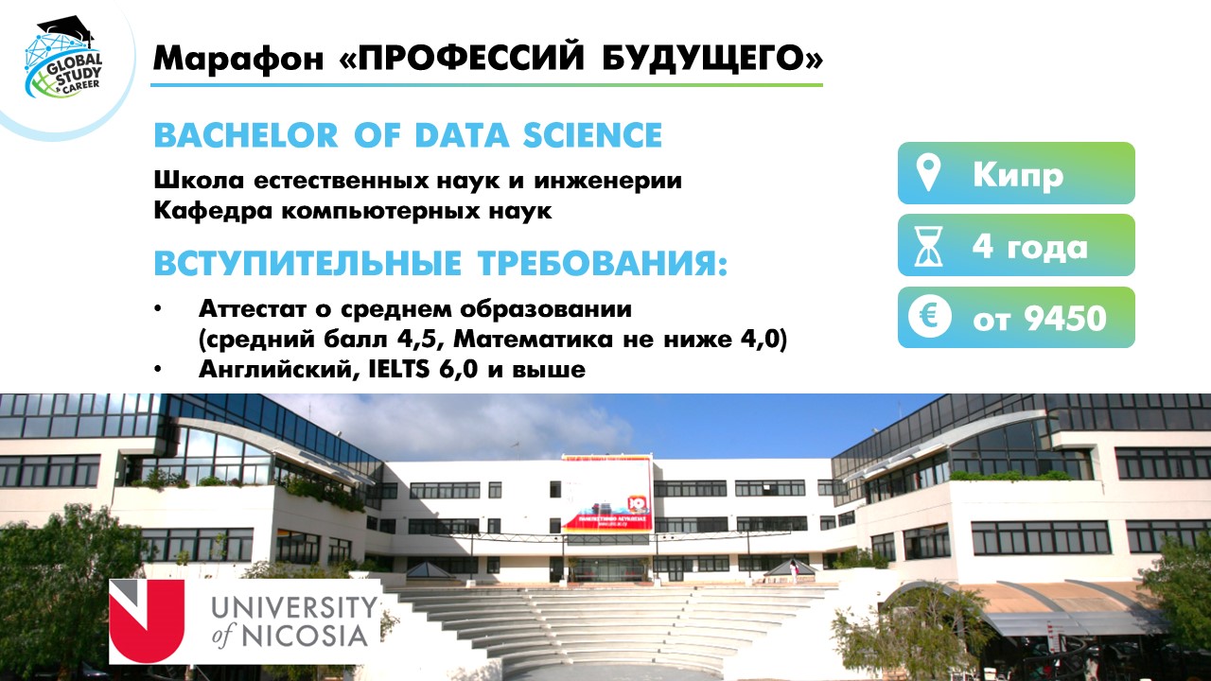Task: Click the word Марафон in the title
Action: [237, 59]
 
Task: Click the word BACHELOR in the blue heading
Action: [246, 135]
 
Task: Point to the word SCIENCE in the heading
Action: [592, 135]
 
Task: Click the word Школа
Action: [199, 180]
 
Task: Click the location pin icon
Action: [929, 173]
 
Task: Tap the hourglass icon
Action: [928, 246]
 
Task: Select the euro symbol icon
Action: [929, 317]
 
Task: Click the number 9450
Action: [1065, 319]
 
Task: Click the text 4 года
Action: [1030, 247]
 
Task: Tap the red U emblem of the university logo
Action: [147, 621]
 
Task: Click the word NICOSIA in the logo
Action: [305, 636]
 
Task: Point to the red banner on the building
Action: [606, 493]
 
